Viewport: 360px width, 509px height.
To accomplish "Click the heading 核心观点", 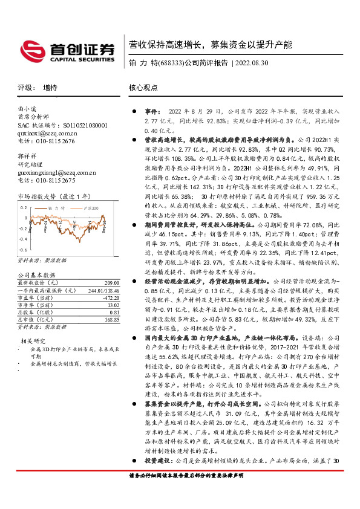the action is tap(143, 87).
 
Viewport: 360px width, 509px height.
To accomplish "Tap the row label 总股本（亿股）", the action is tap(35, 313).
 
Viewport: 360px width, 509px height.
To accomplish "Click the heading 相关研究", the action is tap(33, 341).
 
